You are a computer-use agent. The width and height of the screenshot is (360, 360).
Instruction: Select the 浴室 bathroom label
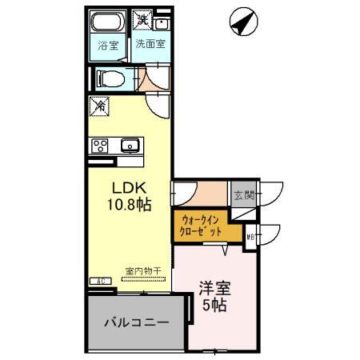coord(108,46)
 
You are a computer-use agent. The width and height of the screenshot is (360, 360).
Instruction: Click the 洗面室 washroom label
coord(150,45)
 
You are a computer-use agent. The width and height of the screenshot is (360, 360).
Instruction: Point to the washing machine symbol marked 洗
coord(142,19)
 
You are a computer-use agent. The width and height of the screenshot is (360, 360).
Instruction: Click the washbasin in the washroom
coord(162,21)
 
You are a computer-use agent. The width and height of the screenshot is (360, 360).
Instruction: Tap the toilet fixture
coord(109,78)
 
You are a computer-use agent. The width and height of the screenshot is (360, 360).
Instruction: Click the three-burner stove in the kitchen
coord(100,145)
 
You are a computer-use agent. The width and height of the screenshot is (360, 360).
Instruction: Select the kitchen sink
coord(130,145)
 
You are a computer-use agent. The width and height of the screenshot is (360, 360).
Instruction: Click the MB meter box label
coord(250,237)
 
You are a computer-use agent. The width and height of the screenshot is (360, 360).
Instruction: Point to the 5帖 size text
coord(214,306)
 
